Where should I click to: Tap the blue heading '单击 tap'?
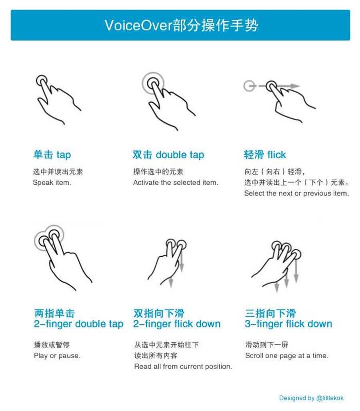pyautogui.click(x=52, y=155)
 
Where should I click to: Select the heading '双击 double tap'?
pyautogui.click(x=168, y=155)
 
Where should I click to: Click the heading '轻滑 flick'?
pyautogui.click(x=265, y=155)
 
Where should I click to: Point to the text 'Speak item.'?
pyautogui.click(x=52, y=182)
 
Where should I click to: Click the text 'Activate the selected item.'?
pyautogui.click(x=176, y=182)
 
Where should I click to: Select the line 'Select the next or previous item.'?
pyautogui.click(x=296, y=194)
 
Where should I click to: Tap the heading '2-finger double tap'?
pyautogui.click(x=78, y=324)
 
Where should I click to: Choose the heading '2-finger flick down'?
pyautogui.click(x=177, y=324)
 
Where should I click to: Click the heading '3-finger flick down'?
pyautogui.click(x=288, y=324)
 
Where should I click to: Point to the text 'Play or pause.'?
pyautogui.click(x=57, y=356)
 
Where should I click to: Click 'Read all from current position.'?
pyautogui.click(x=183, y=367)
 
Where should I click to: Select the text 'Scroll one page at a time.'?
pyautogui.click(x=287, y=356)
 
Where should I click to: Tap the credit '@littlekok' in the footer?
pyautogui.click(x=330, y=398)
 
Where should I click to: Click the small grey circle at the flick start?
pyautogui.click(x=249, y=86)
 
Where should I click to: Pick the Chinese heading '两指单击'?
pyautogui.click(x=54, y=313)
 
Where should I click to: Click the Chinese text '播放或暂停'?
pyautogui.click(x=52, y=345)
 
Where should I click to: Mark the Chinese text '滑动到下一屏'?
pyautogui.click(x=267, y=345)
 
